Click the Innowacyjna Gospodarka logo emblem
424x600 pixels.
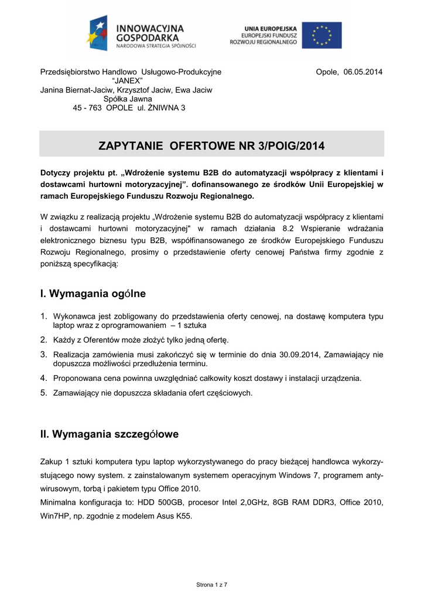tap(98, 34)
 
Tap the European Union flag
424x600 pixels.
tap(326, 35)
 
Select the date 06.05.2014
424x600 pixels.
tap(363, 72)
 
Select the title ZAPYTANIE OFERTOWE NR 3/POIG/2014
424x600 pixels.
tap(211, 145)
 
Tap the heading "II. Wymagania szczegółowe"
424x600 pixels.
tap(109, 434)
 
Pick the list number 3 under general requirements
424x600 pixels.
tap(43, 353)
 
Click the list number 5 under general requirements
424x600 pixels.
tap(43, 392)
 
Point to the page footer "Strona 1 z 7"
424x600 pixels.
tap(211, 585)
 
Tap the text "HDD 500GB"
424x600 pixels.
tap(156, 502)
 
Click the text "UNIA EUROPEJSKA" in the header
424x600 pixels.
tap(270, 28)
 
